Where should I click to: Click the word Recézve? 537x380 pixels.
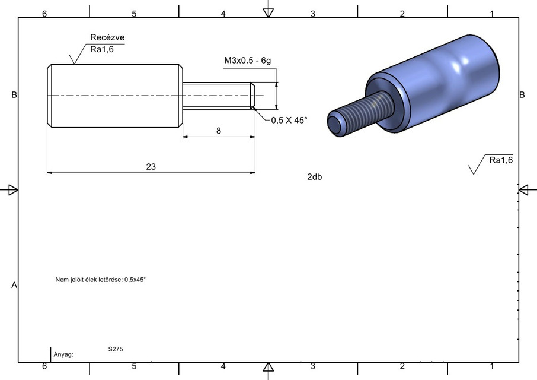click(107, 37)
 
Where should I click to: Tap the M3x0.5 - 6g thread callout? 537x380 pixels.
click(247, 61)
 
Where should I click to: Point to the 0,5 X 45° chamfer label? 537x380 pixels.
click(289, 120)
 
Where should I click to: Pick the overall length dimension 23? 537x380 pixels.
click(151, 167)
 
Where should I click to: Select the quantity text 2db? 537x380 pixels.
click(314, 177)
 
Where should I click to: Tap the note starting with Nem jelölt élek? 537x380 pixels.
click(100, 278)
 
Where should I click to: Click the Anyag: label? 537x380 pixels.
click(63, 354)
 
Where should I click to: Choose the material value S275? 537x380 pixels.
click(116, 350)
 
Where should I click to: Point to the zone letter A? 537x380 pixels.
click(14, 286)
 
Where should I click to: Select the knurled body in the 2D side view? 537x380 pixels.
click(114, 96)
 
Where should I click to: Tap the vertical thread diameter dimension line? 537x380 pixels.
click(276, 96)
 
